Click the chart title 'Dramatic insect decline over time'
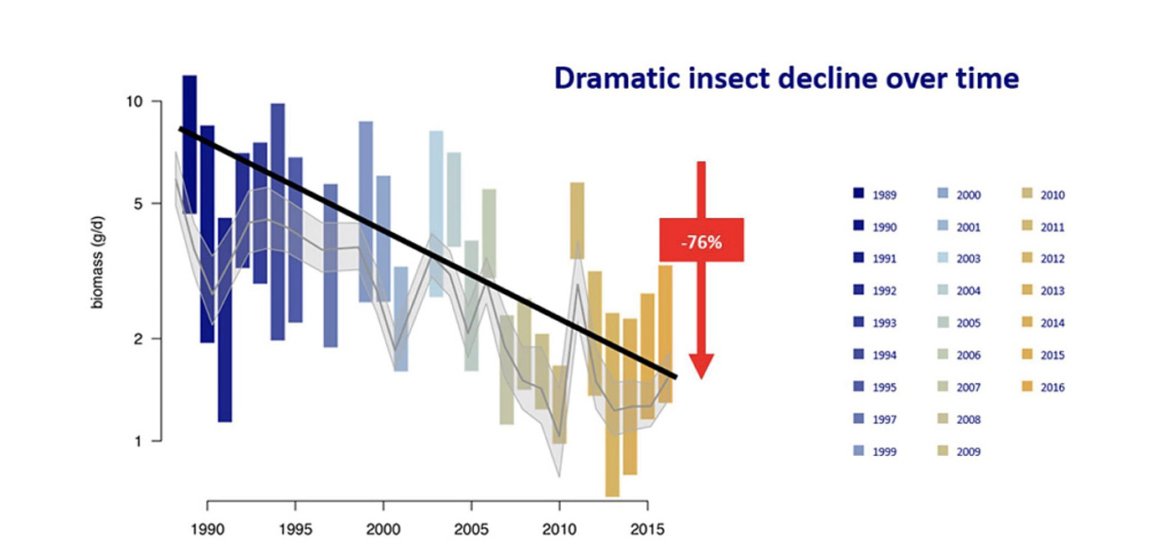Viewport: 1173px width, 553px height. coord(786,78)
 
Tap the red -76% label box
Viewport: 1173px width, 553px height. coord(701,240)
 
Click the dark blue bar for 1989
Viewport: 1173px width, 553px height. coord(190,142)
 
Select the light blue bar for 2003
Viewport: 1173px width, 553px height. coord(436,214)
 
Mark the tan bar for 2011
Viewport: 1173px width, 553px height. coord(577,220)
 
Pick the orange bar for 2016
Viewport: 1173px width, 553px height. coord(666,333)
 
